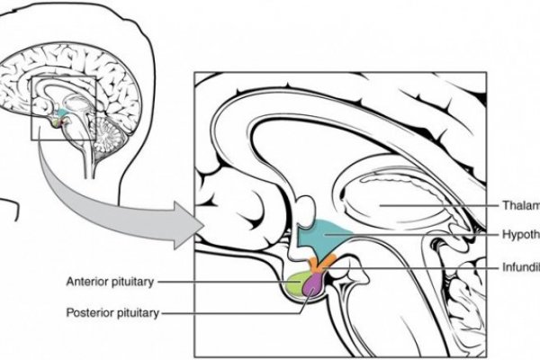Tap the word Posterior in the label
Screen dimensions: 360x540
coord(88,313)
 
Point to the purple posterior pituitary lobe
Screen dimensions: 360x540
coord(314,285)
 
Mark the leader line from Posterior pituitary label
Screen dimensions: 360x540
coord(234,313)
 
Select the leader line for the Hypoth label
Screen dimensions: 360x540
coord(423,235)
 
